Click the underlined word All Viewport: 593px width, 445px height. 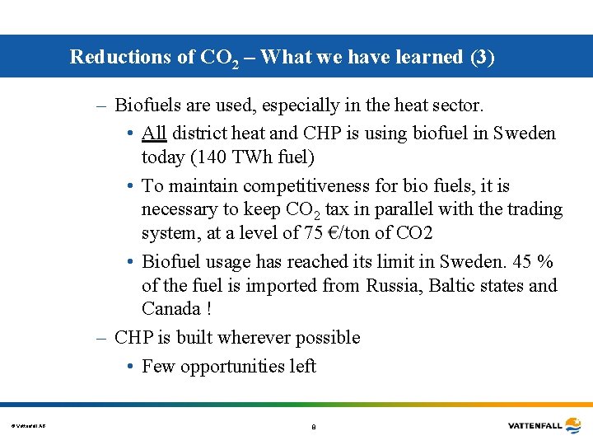[154, 133]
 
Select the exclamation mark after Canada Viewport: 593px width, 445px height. [209, 309]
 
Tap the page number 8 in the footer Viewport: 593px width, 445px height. [313, 427]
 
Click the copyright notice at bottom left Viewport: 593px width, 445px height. [28, 426]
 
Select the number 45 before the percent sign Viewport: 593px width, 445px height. [523, 262]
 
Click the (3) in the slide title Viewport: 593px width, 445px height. [482, 57]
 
